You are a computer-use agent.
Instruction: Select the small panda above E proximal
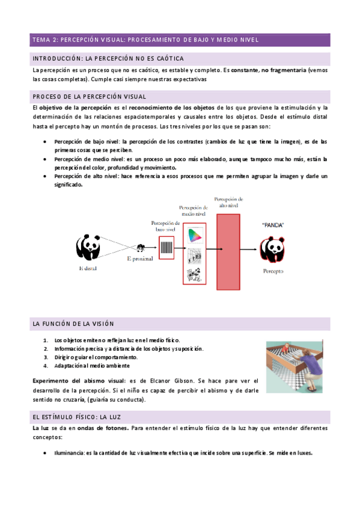141,247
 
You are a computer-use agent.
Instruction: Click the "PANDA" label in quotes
273,225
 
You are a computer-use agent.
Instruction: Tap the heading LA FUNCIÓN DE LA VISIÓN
78,324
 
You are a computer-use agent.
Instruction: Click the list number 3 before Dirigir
46,357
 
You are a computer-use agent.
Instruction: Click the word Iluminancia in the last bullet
69,453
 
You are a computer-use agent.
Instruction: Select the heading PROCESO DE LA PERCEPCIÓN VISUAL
90,96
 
